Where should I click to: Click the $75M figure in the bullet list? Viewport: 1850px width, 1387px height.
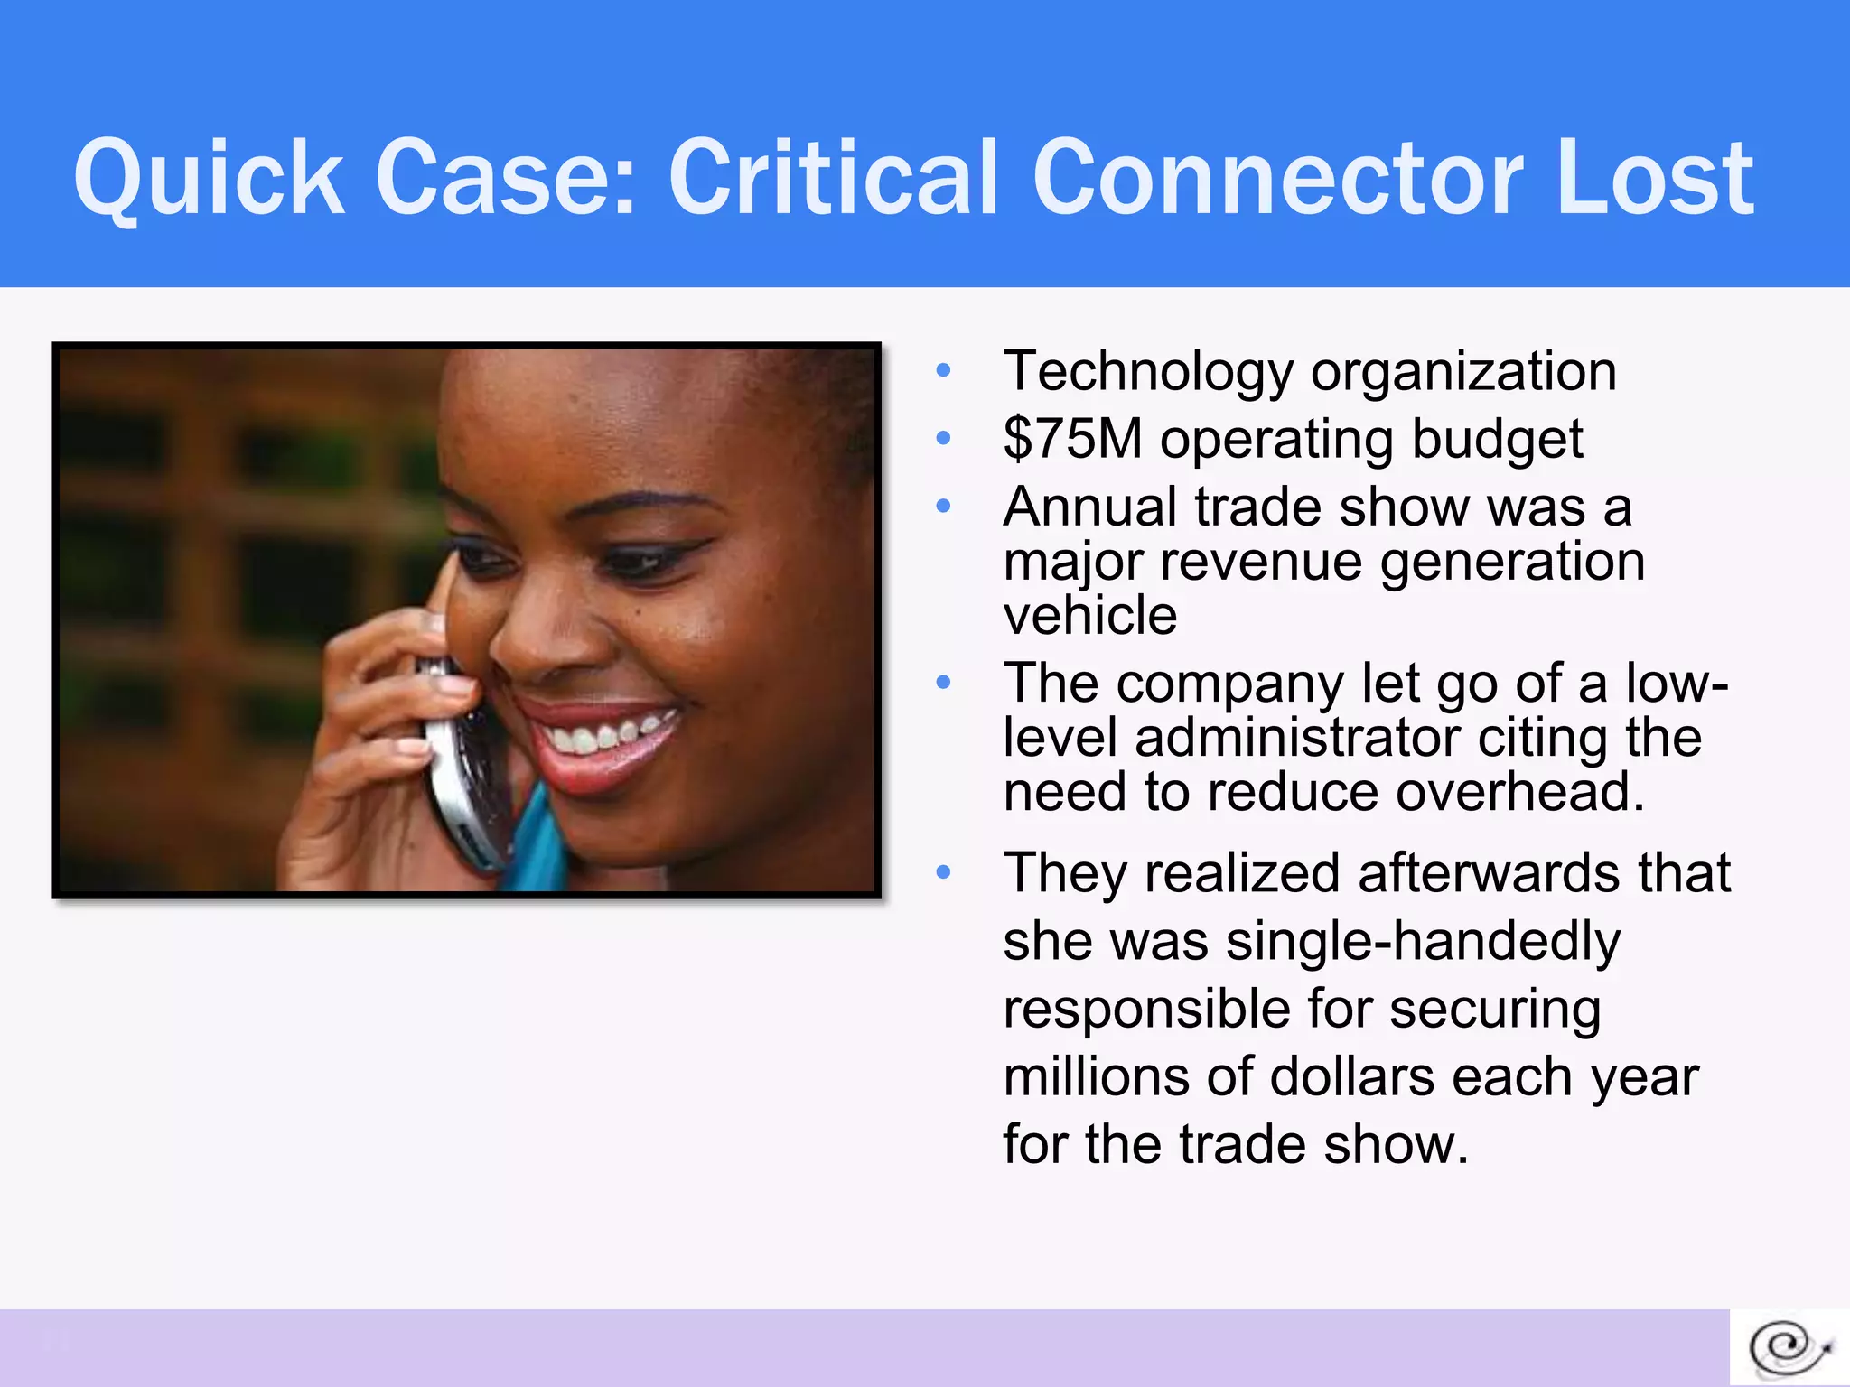pos(1072,440)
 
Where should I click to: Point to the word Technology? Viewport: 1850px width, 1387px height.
pos(1148,372)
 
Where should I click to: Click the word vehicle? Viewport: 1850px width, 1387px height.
pos(1089,616)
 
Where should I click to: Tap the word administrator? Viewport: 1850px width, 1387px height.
pos(1296,738)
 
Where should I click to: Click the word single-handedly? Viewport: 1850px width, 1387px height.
pos(1423,942)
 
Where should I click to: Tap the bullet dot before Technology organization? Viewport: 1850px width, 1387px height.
pos(944,370)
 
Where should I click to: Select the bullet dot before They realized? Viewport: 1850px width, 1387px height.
pos(944,872)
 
